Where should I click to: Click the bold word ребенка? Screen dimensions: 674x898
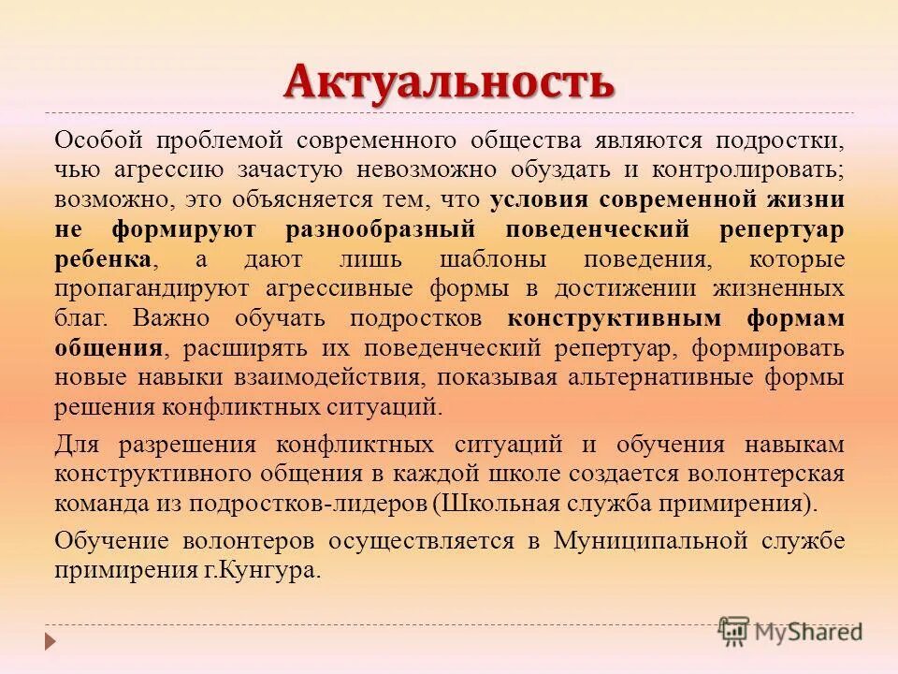tap(104, 259)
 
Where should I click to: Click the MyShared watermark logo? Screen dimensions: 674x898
tap(790, 630)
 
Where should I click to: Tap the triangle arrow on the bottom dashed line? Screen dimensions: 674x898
tap(51, 642)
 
